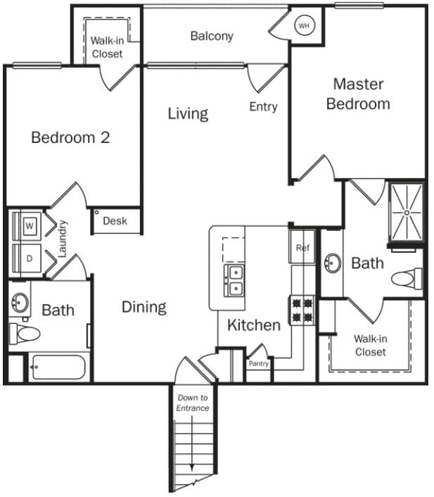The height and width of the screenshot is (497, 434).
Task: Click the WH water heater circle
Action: (x=304, y=26)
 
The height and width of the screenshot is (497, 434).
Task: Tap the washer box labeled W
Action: (x=30, y=226)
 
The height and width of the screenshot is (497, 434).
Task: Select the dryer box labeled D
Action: (x=30, y=258)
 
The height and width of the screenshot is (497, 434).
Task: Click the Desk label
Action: (x=115, y=221)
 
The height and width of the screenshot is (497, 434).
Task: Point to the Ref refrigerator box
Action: (x=302, y=248)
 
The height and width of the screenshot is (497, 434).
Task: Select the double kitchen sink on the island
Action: (x=234, y=279)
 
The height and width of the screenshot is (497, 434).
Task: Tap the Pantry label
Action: (x=258, y=364)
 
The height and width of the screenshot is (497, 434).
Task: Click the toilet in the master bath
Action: (x=407, y=279)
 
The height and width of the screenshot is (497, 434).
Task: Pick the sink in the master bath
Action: (x=332, y=263)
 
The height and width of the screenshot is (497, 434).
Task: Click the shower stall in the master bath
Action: (x=407, y=211)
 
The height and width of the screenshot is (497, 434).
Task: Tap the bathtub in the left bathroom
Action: (x=58, y=367)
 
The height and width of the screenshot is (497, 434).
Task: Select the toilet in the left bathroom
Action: (x=23, y=333)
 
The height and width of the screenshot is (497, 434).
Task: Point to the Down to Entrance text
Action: (x=192, y=403)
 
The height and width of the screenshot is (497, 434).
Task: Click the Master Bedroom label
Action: (x=358, y=94)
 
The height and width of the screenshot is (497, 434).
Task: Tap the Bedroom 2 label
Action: (x=70, y=137)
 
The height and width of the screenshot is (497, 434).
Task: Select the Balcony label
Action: (x=212, y=36)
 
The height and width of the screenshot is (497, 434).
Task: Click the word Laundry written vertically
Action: (x=63, y=239)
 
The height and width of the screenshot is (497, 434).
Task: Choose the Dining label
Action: (x=143, y=307)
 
